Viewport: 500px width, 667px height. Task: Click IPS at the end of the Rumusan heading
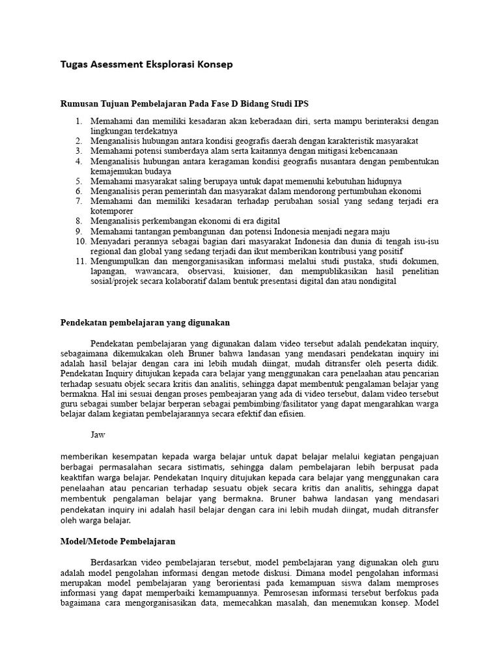pos(301,103)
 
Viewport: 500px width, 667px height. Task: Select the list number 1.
pos(78,121)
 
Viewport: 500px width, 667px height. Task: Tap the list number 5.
pos(78,180)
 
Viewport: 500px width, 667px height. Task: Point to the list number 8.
pos(78,221)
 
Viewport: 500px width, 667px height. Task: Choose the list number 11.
pos(76,261)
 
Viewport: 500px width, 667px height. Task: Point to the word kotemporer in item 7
pos(112,211)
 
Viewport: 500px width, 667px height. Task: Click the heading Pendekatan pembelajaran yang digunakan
pos(145,322)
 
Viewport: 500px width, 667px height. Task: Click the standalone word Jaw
pos(98,433)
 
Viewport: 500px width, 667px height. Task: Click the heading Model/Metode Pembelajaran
pos(118,541)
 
